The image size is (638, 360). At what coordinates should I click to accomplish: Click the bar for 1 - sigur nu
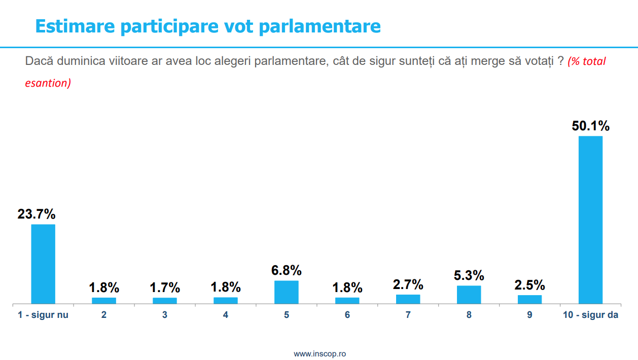click(43, 264)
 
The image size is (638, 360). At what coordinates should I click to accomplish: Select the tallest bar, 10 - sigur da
click(590, 220)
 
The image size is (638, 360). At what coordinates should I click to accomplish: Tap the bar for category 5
click(287, 292)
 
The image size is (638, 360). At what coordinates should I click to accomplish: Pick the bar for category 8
click(469, 295)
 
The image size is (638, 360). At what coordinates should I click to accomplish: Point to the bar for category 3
click(165, 301)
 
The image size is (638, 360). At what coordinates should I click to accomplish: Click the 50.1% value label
click(590, 126)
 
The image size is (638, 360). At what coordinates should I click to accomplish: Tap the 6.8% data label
click(287, 270)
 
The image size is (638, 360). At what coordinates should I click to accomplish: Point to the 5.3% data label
click(469, 276)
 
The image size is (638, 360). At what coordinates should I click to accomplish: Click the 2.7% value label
click(408, 284)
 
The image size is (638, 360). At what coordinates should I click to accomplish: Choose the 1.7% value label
click(165, 288)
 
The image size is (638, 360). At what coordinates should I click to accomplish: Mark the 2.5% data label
click(529, 285)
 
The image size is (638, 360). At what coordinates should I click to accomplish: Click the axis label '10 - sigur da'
click(590, 315)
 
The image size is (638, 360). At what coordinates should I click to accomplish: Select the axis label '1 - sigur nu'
click(43, 315)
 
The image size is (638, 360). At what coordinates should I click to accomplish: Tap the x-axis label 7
click(408, 315)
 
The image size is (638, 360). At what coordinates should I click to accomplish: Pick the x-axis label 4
click(226, 315)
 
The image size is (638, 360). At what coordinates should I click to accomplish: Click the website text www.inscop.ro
click(320, 353)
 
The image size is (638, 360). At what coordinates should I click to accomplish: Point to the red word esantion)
click(48, 83)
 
